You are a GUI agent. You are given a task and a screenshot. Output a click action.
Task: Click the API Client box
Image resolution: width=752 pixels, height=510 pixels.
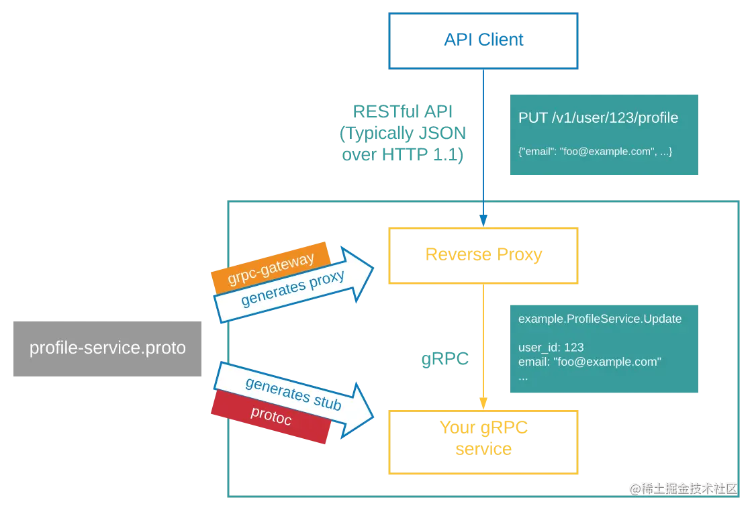pyautogui.click(x=483, y=40)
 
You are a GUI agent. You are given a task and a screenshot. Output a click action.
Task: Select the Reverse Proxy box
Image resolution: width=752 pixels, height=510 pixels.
pyautogui.click(x=483, y=255)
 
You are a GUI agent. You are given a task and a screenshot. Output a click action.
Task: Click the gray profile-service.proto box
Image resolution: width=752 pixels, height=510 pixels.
pyautogui.click(x=107, y=348)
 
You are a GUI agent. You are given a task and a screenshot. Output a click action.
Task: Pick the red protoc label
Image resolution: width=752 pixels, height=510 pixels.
pyautogui.click(x=271, y=415)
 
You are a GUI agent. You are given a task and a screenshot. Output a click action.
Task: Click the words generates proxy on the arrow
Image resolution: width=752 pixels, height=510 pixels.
pyautogui.click(x=293, y=289)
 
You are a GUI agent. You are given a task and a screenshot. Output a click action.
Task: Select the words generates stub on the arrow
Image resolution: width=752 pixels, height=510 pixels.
pyautogui.click(x=293, y=394)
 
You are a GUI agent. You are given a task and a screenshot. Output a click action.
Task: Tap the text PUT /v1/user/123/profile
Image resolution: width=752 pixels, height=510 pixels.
pyautogui.click(x=598, y=118)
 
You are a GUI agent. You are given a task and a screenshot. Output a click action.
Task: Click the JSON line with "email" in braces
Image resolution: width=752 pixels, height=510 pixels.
pyautogui.click(x=595, y=152)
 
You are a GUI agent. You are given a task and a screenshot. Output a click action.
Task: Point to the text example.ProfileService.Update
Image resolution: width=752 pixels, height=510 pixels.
pyautogui.click(x=600, y=319)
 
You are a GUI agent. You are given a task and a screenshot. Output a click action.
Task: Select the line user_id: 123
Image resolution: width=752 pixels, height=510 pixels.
pyautogui.click(x=551, y=347)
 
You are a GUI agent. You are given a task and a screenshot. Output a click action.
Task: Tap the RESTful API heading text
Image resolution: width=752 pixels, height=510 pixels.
pyautogui.click(x=403, y=111)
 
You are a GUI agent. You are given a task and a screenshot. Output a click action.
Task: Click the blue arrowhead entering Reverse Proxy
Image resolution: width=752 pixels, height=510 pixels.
pyautogui.click(x=483, y=220)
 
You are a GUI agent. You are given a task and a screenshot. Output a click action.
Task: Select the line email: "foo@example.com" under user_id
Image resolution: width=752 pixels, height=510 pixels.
pyautogui.click(x=590, y=362)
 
